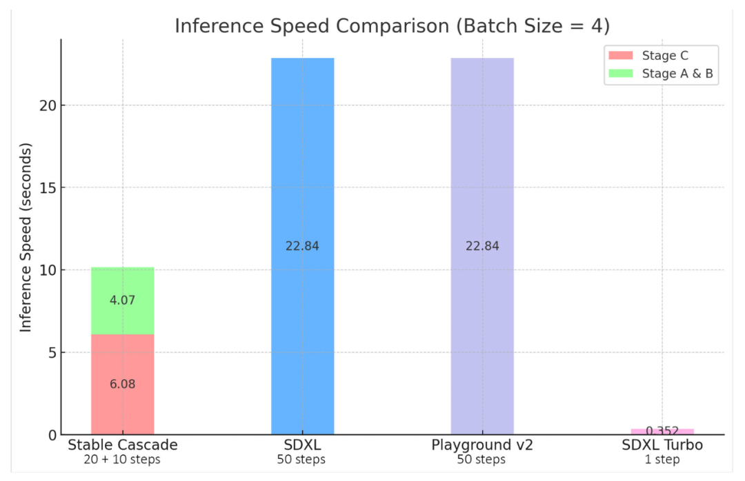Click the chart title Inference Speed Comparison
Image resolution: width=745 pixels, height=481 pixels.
[x=392, y=25]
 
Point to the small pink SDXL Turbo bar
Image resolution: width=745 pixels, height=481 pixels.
[x=662, y=431]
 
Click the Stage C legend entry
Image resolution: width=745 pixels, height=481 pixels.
[x=665, y=56]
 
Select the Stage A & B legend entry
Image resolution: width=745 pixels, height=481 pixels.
[x=677, y=74]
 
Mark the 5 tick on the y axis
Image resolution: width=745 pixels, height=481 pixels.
[x=51, y=352]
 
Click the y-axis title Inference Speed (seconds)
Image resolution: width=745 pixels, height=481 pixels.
[x=26, y=238]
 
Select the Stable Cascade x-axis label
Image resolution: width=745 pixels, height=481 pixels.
[x=122, y=445]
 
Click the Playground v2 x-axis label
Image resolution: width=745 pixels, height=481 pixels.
[x=481, y=445]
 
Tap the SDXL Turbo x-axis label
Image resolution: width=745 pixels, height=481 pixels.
[x=662, y=445]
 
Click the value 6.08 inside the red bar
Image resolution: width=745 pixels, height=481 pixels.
[x=122, y=385]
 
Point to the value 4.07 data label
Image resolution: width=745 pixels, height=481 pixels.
[x=122, y=300]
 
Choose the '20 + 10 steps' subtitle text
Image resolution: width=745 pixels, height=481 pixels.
[x=122, y=460]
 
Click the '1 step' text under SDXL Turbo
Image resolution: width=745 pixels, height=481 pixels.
[x=662, y=460]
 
